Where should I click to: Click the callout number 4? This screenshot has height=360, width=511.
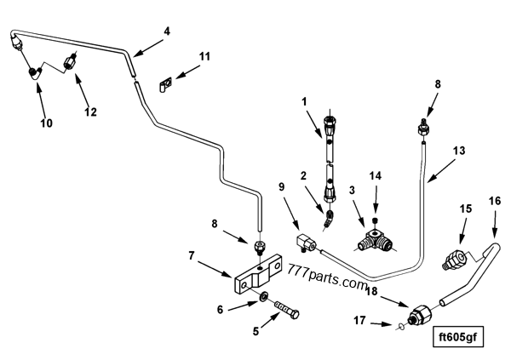[x=167, y=31]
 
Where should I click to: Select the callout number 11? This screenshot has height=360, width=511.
[x=204, y=57]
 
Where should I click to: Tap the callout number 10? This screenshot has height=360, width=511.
[x=46, y=123]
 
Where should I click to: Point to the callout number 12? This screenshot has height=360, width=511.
[x=89, y=111]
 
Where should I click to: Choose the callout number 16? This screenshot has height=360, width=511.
[x=494, y=201]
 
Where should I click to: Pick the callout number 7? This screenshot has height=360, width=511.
[x=192, y=254]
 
